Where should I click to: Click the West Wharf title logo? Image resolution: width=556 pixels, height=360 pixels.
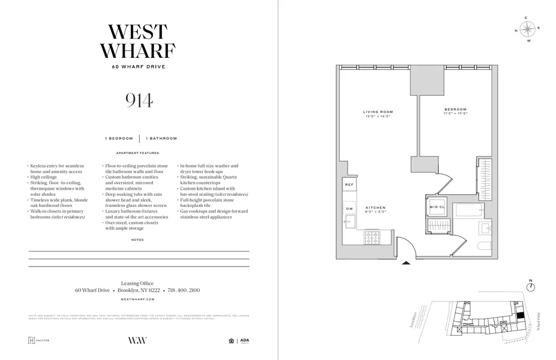coord(138,42)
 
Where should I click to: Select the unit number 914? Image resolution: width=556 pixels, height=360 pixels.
coord(138,100)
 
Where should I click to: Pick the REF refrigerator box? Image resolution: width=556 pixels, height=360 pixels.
coord(349,184)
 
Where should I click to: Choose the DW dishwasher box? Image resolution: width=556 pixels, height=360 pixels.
coord(349,209)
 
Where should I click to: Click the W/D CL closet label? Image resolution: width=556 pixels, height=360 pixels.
coord(436,207)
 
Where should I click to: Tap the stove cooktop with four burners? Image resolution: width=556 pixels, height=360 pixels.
coord(371,238)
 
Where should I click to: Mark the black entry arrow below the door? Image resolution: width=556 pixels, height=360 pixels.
coord(406,263)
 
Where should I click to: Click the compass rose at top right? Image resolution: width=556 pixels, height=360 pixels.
coord(528,29)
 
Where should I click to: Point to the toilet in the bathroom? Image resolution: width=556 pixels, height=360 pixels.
coord(484,246)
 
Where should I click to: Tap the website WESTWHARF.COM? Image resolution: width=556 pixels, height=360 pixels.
coord(137,299)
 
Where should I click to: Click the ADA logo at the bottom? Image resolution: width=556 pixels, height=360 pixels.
coord(245,341)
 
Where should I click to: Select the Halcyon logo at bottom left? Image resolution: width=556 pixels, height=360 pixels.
coord(39,341)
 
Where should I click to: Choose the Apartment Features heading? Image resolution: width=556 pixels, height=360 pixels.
coord(137,153)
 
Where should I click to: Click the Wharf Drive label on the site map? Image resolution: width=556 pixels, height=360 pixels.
coord(538,322)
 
